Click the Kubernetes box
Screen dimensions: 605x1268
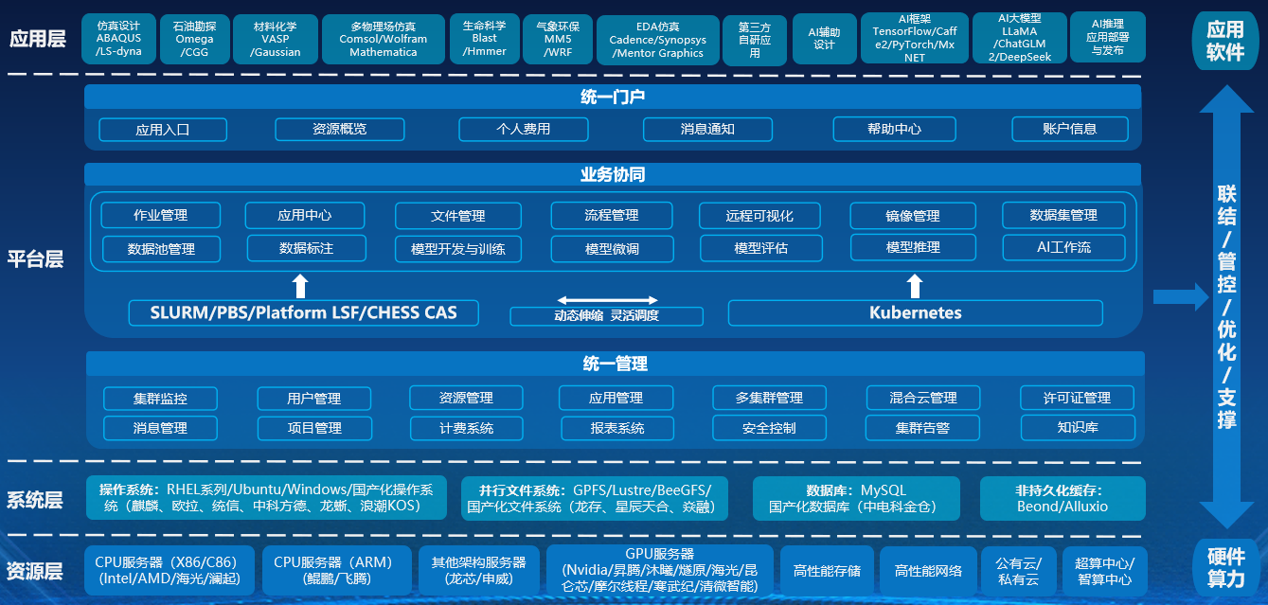915,312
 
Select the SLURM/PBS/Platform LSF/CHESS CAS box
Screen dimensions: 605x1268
303,312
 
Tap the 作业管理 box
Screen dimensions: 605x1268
160,216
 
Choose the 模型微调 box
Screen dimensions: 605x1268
612,249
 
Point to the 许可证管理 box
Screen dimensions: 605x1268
1077,398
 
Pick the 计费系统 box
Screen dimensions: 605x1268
466,428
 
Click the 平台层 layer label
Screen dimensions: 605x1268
35,259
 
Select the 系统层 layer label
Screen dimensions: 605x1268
35,500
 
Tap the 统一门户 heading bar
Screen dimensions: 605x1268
613,97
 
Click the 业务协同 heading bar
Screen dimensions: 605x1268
613,175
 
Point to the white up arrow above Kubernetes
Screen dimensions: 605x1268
914,286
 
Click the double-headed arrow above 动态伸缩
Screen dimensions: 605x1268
606,300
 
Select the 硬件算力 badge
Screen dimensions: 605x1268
1225,565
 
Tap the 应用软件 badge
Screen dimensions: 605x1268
1225,43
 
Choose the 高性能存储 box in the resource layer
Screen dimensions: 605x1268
827,571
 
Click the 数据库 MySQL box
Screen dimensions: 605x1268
856,499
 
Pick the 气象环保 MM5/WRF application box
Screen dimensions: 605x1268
558,38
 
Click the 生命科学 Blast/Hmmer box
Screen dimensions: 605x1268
484,38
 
